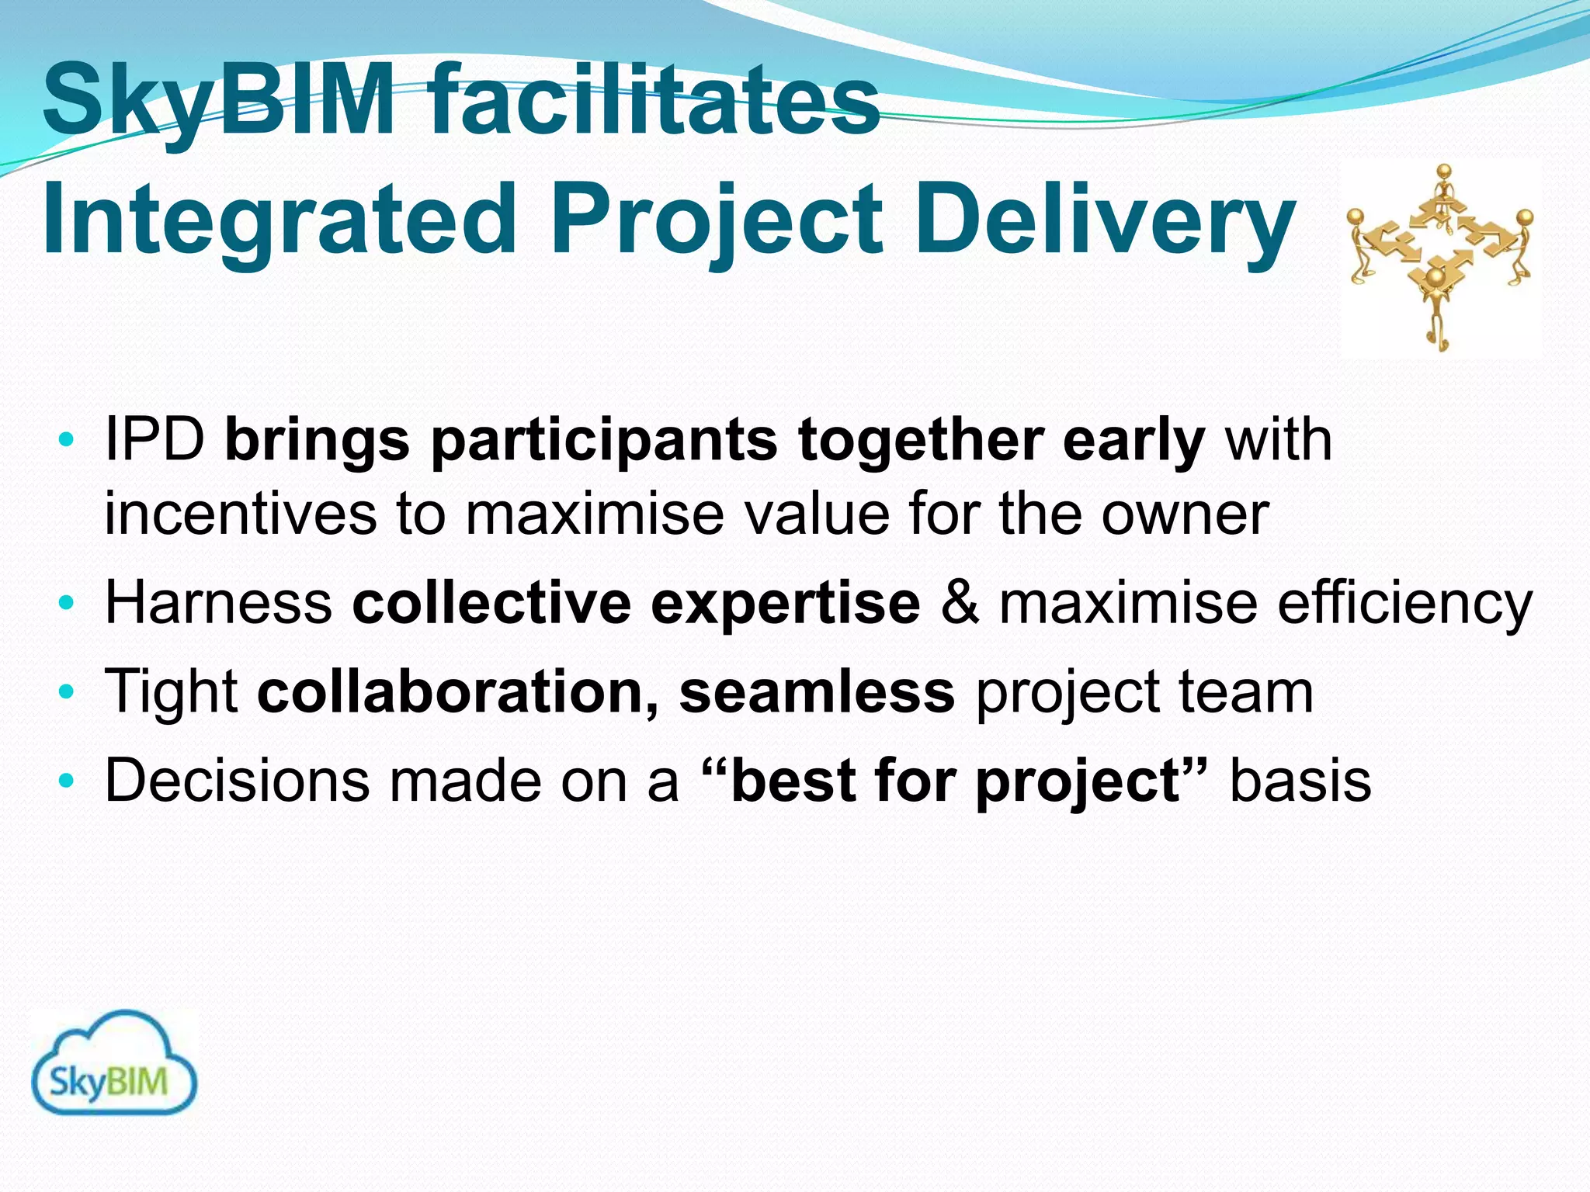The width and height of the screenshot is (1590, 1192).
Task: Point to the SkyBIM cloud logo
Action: [x=114, y=1064]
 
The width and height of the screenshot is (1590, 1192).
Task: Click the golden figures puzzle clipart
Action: [x=1440, y=256]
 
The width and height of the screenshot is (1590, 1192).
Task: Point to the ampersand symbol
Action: [x=960, y=603]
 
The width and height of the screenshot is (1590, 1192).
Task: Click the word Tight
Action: [x=172, y=692]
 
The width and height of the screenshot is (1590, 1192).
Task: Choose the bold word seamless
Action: [x=817, y=692]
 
